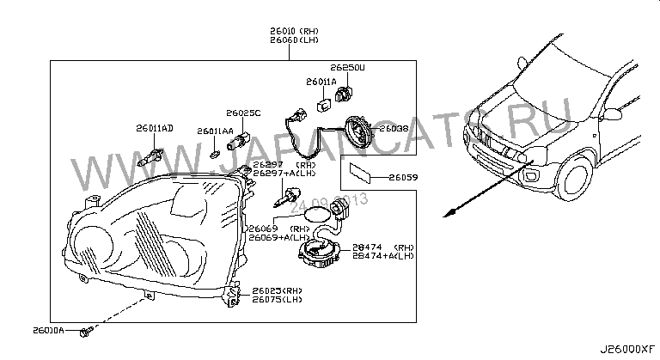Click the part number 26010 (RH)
point(292,30)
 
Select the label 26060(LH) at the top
point(292,40)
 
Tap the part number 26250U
point(347,66)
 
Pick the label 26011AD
point(154,128)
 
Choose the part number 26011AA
point(214,131)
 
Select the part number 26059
point(402,177)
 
